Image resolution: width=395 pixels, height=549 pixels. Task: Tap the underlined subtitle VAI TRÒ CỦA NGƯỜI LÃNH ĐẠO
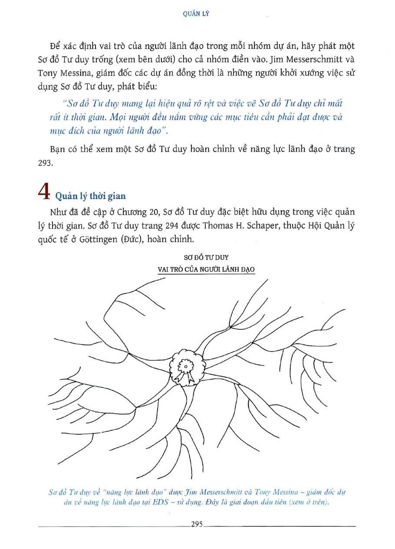pos(206,269)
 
